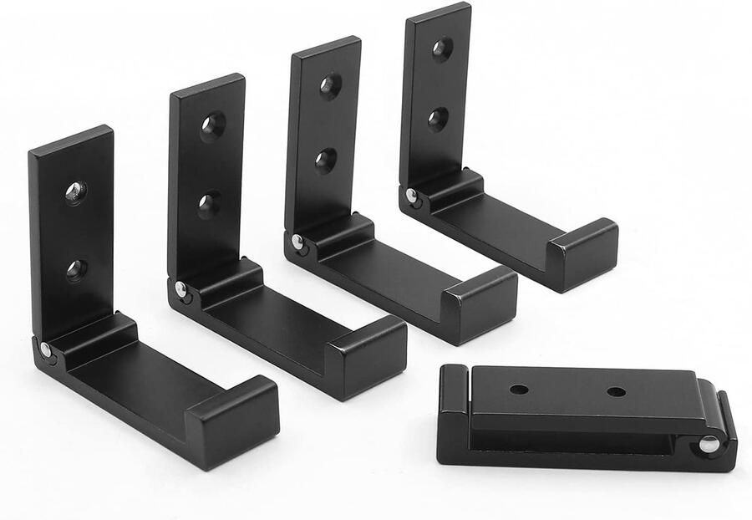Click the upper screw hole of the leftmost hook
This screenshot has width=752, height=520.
(75, 192)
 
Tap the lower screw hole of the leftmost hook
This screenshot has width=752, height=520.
(76, 269)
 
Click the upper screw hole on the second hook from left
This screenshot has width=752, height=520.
(212, 126)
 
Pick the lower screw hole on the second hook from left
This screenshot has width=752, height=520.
(210, 203)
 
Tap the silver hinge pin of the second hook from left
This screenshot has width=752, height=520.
(180, 289)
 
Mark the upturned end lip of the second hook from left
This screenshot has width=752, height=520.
(368, 354)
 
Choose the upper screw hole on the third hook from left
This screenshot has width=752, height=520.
(329, 86)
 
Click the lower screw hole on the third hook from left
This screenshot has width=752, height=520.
(326, 160)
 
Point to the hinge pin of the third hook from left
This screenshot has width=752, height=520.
(297, 242)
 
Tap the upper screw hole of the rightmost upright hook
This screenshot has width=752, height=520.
(443, 49)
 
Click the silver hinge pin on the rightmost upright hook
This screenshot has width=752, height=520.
(411, 196)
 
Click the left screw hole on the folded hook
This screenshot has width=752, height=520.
(519, 390)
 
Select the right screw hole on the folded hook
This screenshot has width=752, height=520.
(617, 391)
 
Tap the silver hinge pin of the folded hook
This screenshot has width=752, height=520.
(708, 444)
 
